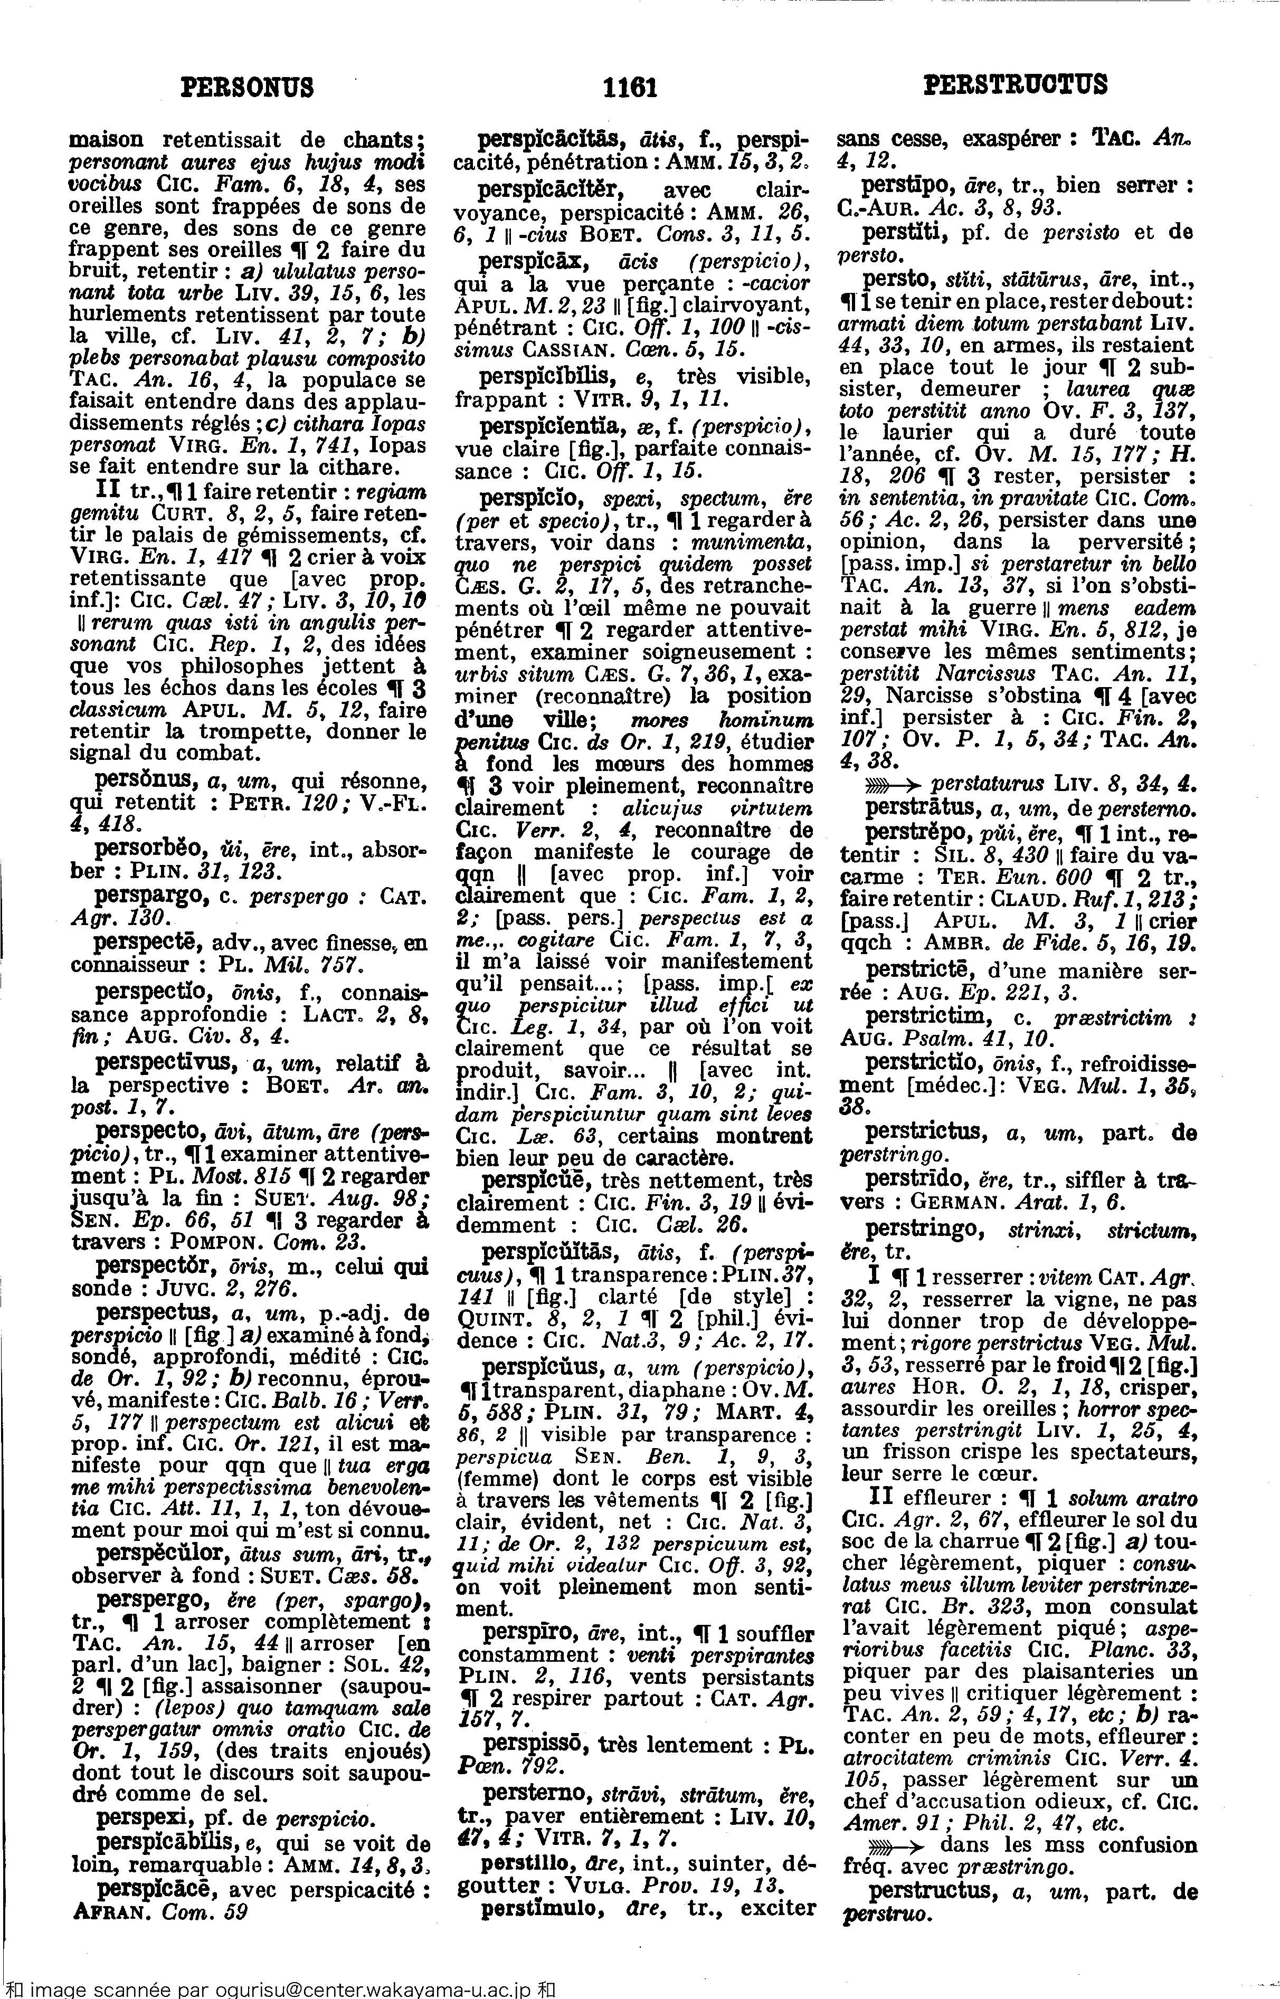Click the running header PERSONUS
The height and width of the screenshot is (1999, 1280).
pyautogui.click(x=248, y=87)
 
